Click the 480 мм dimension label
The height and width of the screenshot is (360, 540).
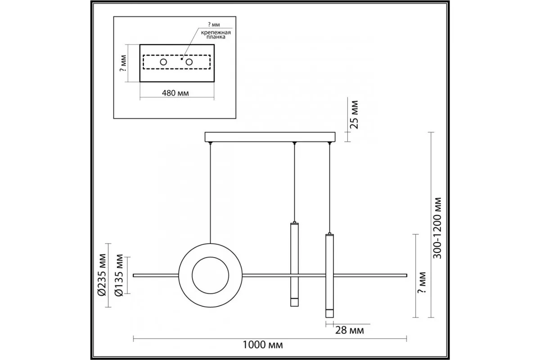click(175, 93)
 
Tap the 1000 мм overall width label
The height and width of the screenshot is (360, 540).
click(262, 345)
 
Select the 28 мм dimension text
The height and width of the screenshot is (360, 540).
click(350, 330)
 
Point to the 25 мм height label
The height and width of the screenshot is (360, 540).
click(355, 115)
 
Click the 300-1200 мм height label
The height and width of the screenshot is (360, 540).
click(437, 228)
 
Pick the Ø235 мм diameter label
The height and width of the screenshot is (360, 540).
click(102, 274)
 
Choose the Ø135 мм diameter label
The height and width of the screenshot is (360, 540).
click(119, 275)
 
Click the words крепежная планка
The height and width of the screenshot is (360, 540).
click(216, 35)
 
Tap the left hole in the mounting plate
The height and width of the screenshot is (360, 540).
click(163, 62)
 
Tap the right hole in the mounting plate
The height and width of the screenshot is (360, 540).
click(189, 62)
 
